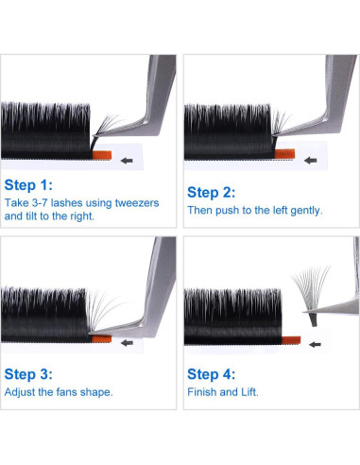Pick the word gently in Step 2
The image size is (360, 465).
[305, 210]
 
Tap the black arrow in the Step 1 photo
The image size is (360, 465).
[128, 161]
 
